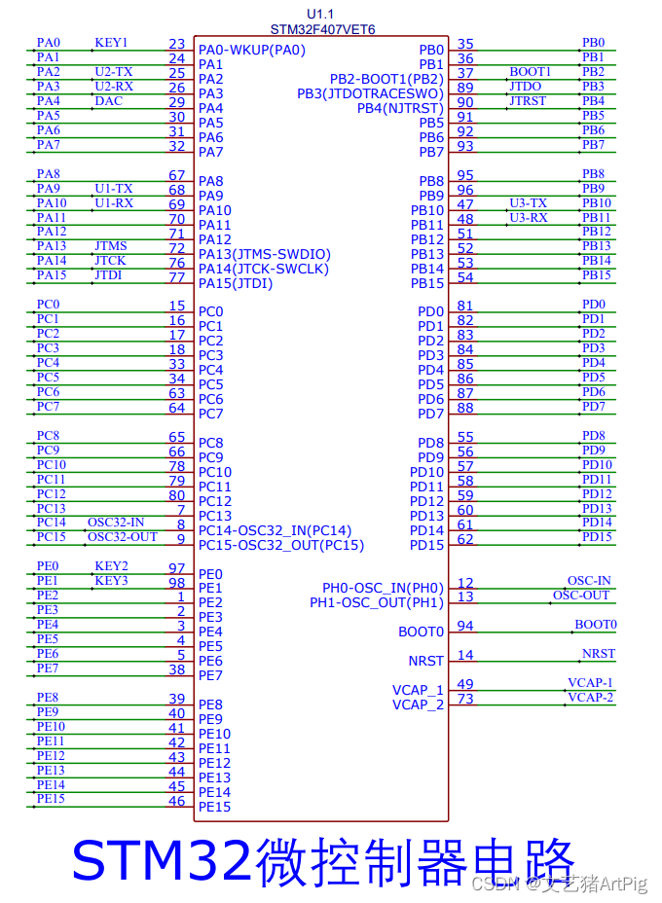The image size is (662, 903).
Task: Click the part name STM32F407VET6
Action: (x=322, y=30)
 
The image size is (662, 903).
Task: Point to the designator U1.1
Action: (x=322, y=15)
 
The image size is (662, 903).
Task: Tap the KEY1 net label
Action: (x=111, y=43)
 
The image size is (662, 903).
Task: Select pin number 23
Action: (x=176, y=44)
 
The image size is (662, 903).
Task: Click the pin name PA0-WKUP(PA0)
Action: (x=252, y=50)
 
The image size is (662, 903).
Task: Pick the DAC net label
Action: (x=109, y=101)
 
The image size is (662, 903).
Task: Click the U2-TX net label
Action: (x=114, y=72)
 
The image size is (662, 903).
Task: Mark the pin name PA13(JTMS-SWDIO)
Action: (x=265, y=254)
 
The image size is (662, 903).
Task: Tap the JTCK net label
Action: (x=110, y=261)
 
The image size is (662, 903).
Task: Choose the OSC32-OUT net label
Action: (x=122, y=537)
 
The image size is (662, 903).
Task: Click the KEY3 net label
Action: (x=111, y=581)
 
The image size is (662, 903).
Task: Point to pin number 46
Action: (x=176, y=801)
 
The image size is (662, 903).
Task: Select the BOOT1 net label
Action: (x=530, y=72)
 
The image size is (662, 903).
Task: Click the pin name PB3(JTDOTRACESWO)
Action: (x=370, y=93)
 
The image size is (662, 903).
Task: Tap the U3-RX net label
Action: (x=528, y=217)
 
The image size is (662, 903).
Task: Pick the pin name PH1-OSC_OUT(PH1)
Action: (x=377, y=602)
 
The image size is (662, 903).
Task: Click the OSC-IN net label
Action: (x=590, y=581)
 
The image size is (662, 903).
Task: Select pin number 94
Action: (x=465, y=626)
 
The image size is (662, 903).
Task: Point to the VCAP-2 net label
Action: (x=590, y=698)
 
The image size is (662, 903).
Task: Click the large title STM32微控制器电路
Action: (x=324, y=860)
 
